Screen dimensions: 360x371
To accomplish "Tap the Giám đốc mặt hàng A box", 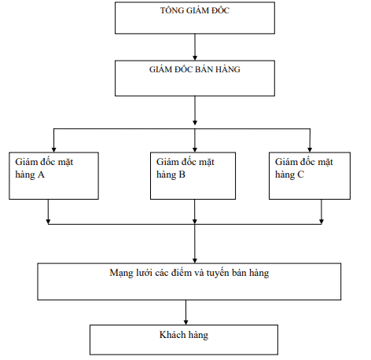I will [53, 174].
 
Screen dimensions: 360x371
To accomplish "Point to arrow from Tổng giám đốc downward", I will [194, 47].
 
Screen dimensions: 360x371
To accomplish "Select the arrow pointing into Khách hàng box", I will [185, 318].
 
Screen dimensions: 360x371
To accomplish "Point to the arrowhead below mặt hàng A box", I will [49, 221].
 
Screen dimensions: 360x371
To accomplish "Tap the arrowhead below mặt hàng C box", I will [321, 221].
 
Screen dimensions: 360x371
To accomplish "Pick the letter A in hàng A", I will [41, 174].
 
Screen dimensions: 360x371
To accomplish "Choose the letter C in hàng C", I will [302, 174].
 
